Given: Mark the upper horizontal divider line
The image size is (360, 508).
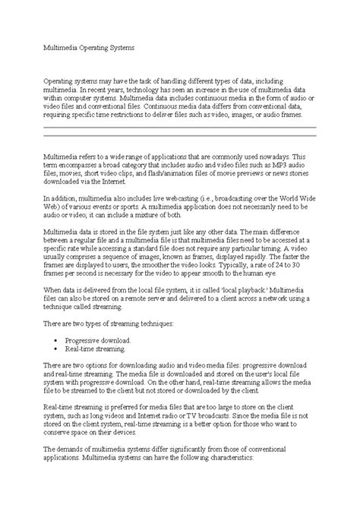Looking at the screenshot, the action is tap(179, 128).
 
